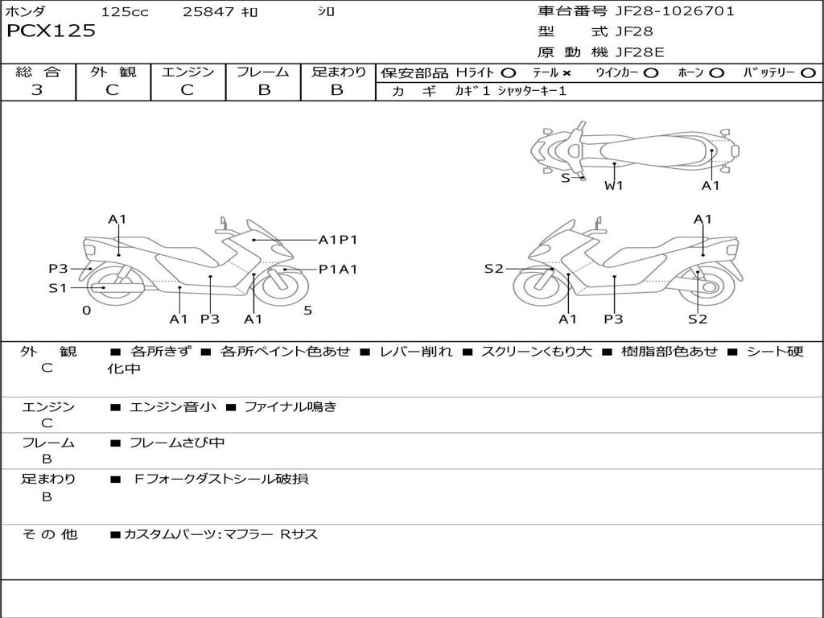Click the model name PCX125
[51, 31]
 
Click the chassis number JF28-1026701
[675, 11]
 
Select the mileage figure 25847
[208, 11]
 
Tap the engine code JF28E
[640, 52]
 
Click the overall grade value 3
[37, 90]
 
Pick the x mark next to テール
[566, 73]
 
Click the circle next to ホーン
[716, 73]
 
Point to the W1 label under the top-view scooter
[613, 186]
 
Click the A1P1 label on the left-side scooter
[338, 240]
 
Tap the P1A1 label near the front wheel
[338, 269]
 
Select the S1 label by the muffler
[58, 288]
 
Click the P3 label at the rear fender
[58, 269]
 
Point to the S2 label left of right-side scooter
[493, 269]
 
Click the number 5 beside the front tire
[308, 311]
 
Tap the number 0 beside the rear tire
[87, 311]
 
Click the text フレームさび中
[177, 443]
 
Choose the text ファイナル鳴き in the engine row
[290, 406]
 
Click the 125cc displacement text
[125, 11]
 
